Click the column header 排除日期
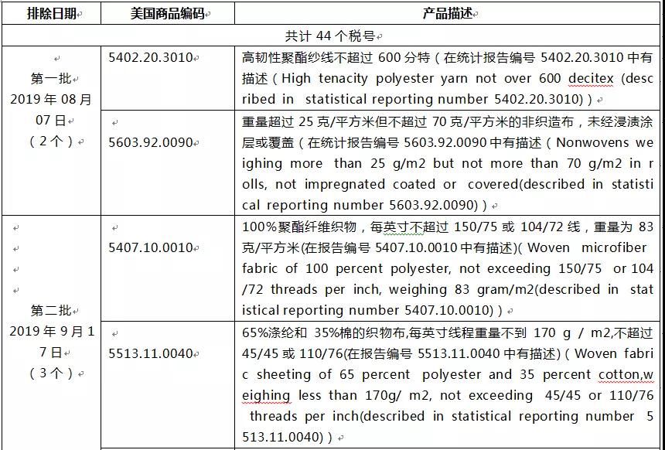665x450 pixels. point(51,14)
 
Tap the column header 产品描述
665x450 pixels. point(448,14)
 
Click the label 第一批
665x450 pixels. point(51,78)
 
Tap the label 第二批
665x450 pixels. point(51,310)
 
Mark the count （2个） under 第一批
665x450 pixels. point(51,141)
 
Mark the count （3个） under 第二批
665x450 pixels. point(51,373)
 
